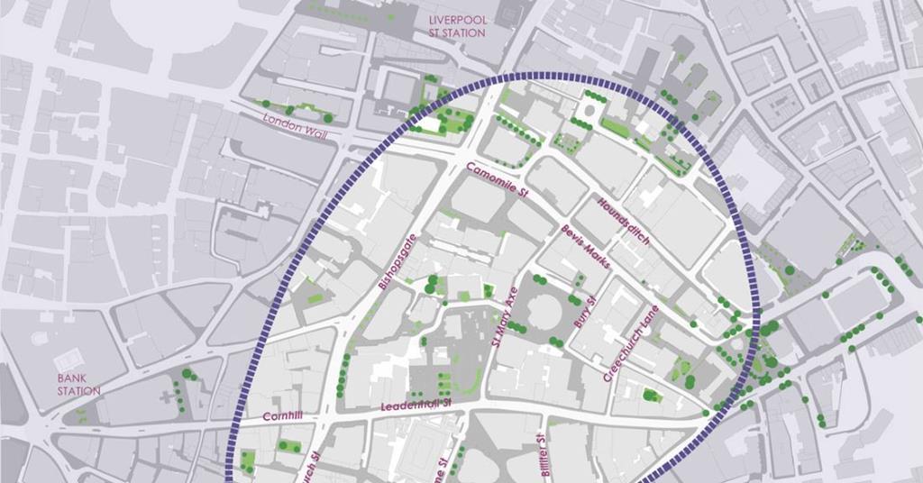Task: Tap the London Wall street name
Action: tap(296, 125)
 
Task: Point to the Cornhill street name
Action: tap(282, 417)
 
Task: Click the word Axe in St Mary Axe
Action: tap(512, 297)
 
